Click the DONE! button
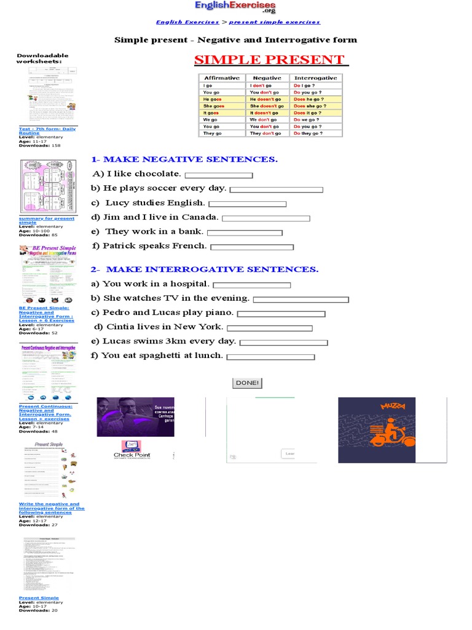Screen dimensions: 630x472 pyautogui.click(x=247, y=383)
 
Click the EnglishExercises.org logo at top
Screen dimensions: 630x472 pyautogui.click(x=235, y=7)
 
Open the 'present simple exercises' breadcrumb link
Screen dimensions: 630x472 pyautogui.click(x=274, y=22)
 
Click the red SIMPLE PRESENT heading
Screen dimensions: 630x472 pyautogui.click(x=269, y=60)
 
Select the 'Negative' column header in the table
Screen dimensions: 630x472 pyautogui.click(x=267, y=78)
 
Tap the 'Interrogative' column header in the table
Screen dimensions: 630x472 pyautogui.click(x=315, y=78)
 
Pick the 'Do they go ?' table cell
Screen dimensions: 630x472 pyautogui.click(x=315, y=133)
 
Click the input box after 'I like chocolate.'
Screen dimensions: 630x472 pyautogui.click(x=218, y=175)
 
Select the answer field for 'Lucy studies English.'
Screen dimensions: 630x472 pyautogui.click(x=247, y=204)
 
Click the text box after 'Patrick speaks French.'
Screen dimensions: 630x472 pyautogui.click(x=252, y=247)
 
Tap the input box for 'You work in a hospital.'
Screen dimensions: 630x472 pyautogui.click(x=251, y=285)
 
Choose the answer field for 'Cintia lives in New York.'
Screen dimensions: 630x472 pyautogui.click(x=269, y=329)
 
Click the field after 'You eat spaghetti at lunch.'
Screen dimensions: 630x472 pyautogui.click(x=270, y=357)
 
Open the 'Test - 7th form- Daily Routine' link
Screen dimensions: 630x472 pyautogui.click(x=47, y=131)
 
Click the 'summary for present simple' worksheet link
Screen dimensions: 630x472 pyautogui.click(x=46, y=220)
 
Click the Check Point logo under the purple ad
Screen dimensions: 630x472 pyautogui.click(x=132, y=450)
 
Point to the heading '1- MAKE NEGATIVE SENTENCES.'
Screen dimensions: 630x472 pyautogui.click(x=184, y=159)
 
